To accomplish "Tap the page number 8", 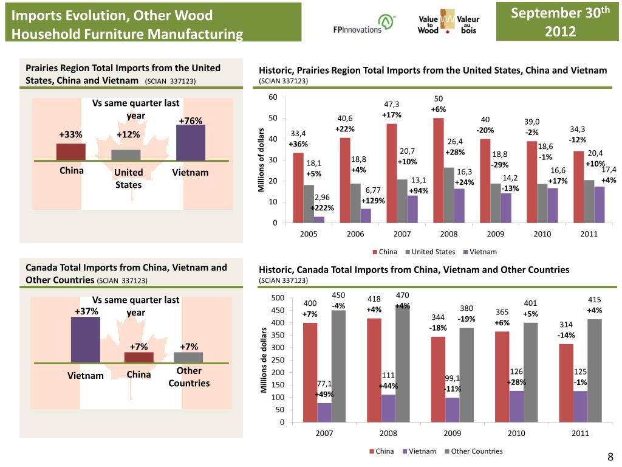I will point(610,457).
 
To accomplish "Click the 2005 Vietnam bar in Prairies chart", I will point(319,220).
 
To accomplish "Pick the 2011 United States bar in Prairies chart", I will point(589,201).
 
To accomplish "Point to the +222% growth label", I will point(322,208).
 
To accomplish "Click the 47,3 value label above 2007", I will point(391,104).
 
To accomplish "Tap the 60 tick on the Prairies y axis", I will point(273,97).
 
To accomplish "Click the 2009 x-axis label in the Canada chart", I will point(453,434).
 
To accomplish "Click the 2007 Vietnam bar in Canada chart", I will point(324,412).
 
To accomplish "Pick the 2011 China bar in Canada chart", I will point(566,382).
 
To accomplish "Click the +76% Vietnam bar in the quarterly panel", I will point(190,143).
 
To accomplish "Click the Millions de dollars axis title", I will point(264,360).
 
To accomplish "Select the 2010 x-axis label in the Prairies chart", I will point(542,233).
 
